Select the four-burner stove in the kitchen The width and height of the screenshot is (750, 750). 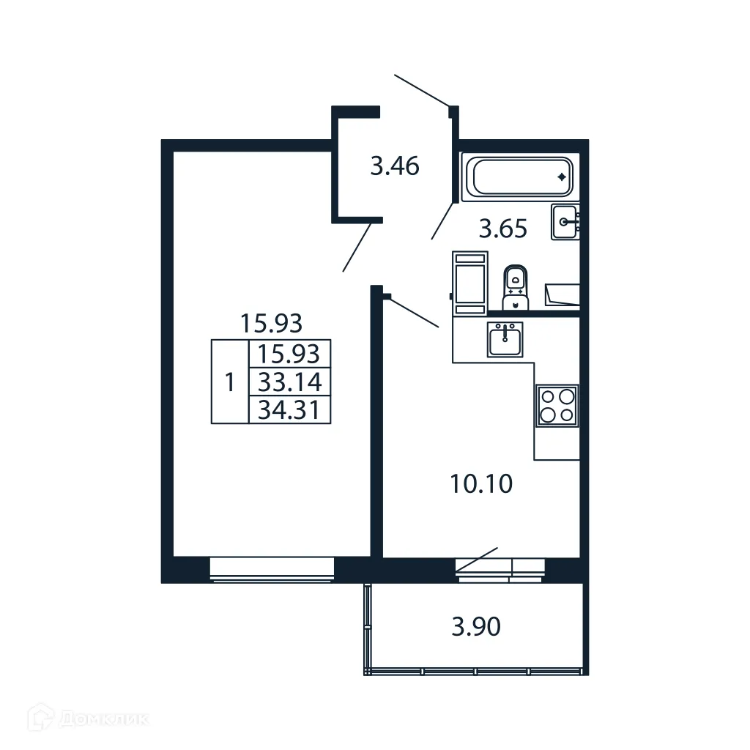pos(557,405)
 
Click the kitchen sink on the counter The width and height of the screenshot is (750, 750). pos(505,340)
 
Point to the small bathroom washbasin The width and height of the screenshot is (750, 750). pos(565,221)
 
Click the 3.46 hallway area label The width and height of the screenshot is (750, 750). pos(394,167)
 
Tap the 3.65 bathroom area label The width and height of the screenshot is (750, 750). pos(502,230)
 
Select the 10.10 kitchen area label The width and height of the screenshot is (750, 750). pos(481,484)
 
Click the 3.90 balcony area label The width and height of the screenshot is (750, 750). pos(476,627)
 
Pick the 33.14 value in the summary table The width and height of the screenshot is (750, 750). pos(290,382)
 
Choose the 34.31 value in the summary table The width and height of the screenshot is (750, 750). pos(290,409)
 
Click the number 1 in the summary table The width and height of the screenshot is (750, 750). pos(230,382)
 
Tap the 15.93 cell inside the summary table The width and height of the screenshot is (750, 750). pos(290,354)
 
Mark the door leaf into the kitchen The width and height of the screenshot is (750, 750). pos(412,311)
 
